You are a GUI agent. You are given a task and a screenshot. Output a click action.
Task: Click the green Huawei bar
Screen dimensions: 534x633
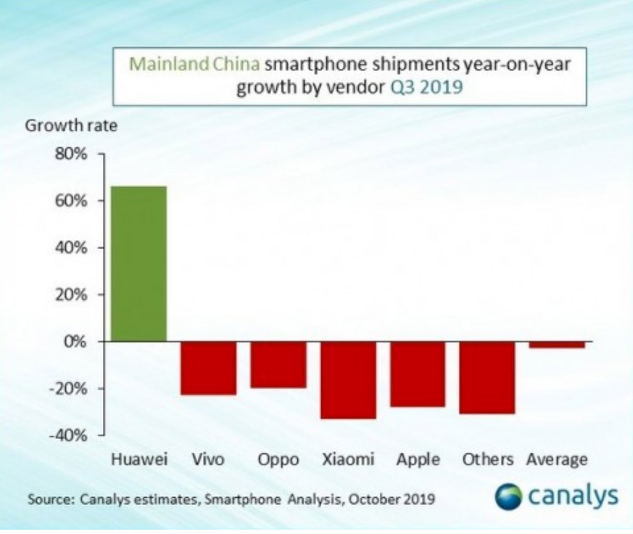(138, 263)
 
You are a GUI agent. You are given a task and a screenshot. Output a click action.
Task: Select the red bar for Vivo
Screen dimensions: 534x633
(209, 368)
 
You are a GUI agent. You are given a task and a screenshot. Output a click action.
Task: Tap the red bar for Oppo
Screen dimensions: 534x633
(278, 364)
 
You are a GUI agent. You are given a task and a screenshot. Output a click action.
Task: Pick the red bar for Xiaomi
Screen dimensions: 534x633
(348, 379)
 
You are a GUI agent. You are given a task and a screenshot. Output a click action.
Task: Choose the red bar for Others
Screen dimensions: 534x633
(487, 377)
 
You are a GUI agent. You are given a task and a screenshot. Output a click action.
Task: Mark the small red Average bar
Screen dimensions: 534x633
(557, 345)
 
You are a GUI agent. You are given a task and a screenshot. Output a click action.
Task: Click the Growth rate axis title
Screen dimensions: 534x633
(71, 126)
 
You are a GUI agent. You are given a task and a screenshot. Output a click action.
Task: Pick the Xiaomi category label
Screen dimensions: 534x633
(348, 460)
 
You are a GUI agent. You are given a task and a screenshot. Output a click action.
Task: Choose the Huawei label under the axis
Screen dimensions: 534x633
(139, 460)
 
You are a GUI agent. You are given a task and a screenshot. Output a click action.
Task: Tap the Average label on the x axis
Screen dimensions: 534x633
(557, 460)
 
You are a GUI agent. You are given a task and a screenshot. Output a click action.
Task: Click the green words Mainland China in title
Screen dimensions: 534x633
(194, 65)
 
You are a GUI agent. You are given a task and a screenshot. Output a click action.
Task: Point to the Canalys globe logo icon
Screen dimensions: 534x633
(508, 497)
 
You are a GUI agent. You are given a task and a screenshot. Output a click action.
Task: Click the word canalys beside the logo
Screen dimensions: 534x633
(572, 497)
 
